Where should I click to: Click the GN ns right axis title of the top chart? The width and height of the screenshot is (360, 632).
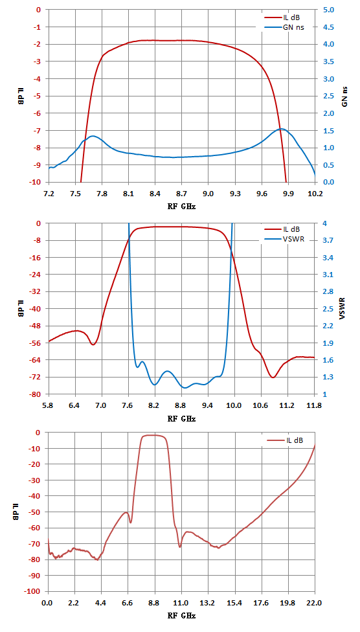pyautogui.click(x=344, y=96)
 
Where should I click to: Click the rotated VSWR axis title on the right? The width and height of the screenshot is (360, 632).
pyautogui.click(x=344, y=309)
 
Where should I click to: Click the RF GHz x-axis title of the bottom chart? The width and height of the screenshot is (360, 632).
pyautogui.click(x=181, y=616)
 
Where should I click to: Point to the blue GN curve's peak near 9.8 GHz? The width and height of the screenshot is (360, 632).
pyautogui.click(x=282, y=129)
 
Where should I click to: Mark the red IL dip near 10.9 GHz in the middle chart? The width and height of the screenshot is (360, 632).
pyautogui.click(x=273, y=378)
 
